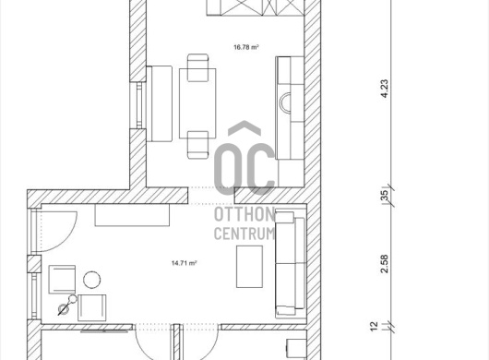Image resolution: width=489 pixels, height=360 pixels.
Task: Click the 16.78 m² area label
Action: pyautogui.click(x=246, y=47)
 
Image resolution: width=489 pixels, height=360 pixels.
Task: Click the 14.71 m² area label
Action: pyautogui.click(x=184, y=263)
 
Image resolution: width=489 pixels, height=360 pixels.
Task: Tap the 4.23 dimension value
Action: pyautogui.click(x=385, y=89)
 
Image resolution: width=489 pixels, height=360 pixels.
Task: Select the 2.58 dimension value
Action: pyautogui.click(x=385, y=264)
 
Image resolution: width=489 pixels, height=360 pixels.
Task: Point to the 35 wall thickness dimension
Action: pyautogui.click(x=385, y=196)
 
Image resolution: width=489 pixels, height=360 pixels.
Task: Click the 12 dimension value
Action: pyautogui.click(x=374, y=327)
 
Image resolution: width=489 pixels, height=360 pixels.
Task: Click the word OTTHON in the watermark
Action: pyautogui.click(x=244, y=214)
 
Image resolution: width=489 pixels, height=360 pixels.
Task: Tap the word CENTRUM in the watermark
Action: pyautogui.click(x=244, y=234)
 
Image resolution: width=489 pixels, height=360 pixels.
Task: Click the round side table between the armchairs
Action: pyautogui.click(x=92, y=280)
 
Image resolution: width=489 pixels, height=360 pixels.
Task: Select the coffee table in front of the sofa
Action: pyautogui.click(x=249, y=267)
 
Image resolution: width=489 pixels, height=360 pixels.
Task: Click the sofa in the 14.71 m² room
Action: pyautogui.click(x=291, y=265)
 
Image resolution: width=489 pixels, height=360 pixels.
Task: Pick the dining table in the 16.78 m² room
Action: pyautogui.click(x=197, y=103)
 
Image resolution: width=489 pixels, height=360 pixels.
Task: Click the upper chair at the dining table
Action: pyautogui.click(x=197, y=67)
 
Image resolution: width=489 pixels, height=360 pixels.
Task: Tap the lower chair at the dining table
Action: pyautogui.click(x=197, y=145)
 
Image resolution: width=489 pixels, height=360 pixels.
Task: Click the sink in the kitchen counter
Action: pyautogui.click(x=285, y=102)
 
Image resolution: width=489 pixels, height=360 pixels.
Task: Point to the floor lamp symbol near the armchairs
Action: pyautogui.click(x=67, y=306)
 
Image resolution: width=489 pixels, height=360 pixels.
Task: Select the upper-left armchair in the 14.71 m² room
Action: pyautogui.click(x=62, y=280)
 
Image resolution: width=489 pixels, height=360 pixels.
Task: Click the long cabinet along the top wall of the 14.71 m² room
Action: pyautogui.click(x=132, y=215)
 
